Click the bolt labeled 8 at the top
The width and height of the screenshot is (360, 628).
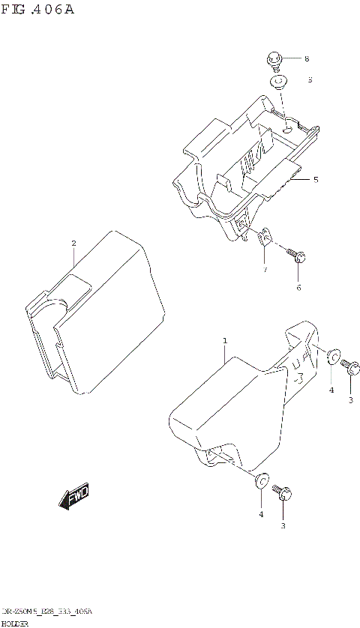coord(274,60)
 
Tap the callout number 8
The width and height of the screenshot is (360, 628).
coord(306,59)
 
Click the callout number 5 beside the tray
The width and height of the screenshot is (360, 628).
coord(316,180)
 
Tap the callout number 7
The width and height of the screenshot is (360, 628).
coord(264,269)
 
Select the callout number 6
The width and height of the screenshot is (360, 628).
coord(298,288)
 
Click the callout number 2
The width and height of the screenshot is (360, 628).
coord(73,243)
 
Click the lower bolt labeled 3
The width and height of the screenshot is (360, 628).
coord(283,492)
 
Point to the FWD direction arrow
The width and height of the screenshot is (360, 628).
coord(73,496)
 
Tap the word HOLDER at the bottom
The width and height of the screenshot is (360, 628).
coord(14,623)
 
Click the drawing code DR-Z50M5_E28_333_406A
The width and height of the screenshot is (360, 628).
coord(46,612)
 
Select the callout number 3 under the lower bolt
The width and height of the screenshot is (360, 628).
coord(283,525)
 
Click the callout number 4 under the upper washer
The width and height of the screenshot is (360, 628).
coord(331,390)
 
